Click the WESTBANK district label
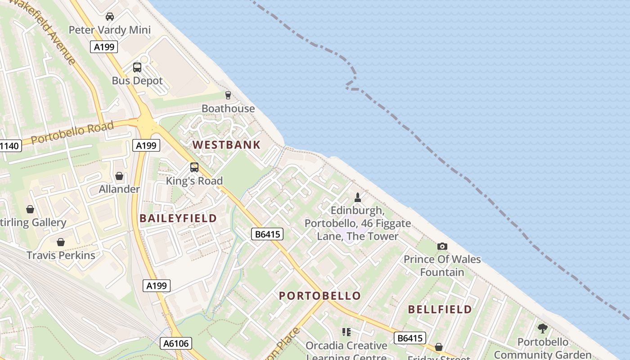[226, 145]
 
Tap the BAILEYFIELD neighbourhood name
[178, 219]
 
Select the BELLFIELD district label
[440, 310]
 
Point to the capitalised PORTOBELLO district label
[319, 296]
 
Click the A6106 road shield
[176, 344]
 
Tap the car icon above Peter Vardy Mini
[109, 17]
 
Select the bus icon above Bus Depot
[137, 67]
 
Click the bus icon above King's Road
[194, 167]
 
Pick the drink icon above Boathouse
[228, 95]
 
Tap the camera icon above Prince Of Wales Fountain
[442, 246]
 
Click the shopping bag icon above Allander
[119, 176]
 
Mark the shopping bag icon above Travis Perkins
[61, 242]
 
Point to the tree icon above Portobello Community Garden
[543, 328]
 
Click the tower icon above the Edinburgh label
[358, 197]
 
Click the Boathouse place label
[228, 108]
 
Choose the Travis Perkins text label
[61, 256]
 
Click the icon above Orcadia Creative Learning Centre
[346, 332]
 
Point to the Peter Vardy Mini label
[109, 30]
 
